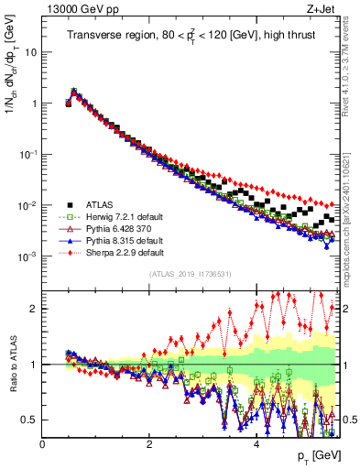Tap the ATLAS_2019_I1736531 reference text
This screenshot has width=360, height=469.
coord(191,274)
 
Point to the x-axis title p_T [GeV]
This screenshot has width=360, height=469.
coord(312,456)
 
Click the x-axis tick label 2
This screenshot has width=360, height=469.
coord(149,443)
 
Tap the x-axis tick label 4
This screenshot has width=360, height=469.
coord(256,443)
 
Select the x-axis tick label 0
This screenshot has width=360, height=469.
coord(42,443)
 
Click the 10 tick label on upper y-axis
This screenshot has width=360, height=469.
coord(30,52)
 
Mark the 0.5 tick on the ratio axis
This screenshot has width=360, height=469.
coord(28,420)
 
